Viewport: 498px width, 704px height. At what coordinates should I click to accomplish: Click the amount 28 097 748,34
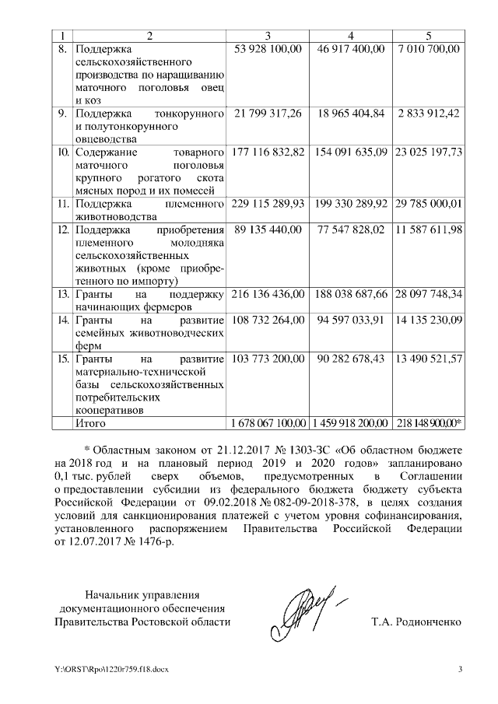[x=429, y=294]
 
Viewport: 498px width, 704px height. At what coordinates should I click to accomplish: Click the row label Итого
[x=89, y=423]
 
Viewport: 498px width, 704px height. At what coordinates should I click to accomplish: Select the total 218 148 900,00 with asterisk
[x=429, y=423]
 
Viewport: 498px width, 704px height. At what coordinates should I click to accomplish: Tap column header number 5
[x=429, y=36]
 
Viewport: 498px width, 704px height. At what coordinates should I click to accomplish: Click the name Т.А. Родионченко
[x=417, y=622]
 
